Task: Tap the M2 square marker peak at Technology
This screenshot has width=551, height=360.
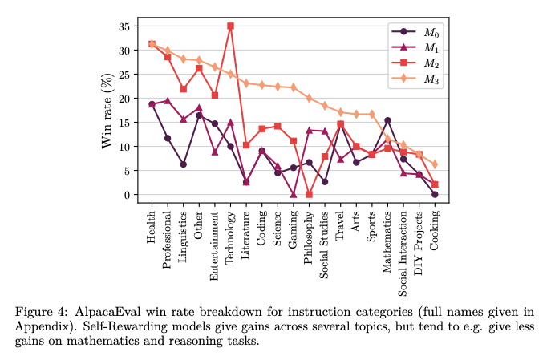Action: point(230,26)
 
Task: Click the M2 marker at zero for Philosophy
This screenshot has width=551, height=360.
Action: point(309,194)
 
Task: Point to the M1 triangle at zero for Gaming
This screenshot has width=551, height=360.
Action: point(294,194)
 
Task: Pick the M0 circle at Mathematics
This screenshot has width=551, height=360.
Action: point(387,120)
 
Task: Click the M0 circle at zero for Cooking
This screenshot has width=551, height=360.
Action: point(435,194)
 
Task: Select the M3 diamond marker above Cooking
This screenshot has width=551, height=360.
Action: point(435,164)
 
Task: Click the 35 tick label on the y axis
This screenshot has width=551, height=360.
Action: point(123,26)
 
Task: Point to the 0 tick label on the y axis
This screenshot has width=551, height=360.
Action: point(126,195)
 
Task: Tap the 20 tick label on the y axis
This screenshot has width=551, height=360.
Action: point(123,99)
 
